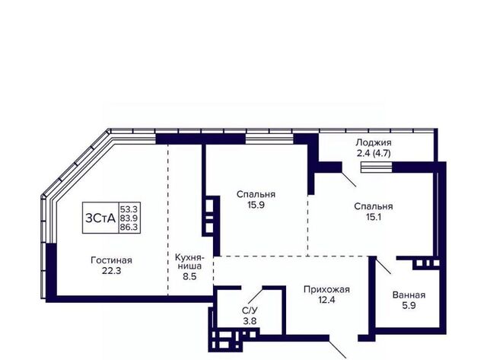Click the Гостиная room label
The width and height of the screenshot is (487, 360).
coord(111,260)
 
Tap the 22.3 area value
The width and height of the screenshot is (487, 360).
coord(112,271)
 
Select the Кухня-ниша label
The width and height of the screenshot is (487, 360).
coord(189,262)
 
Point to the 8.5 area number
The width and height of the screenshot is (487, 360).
coord(189,276)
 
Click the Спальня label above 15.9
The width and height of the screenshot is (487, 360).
coord(256,194)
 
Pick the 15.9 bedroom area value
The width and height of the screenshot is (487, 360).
coord(256,205)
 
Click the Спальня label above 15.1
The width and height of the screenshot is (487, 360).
coord(374,206)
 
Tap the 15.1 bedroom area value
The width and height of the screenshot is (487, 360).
coord(374,217)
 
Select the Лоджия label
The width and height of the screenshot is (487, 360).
coord(374,143)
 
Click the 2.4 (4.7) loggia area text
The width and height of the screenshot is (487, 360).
coord(374,154)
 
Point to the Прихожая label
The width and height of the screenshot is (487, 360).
coord(326,290)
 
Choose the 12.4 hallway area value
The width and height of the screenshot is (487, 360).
coord(326,300)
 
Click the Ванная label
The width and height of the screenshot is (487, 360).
coord(409,295)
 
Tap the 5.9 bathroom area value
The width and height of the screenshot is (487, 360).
coord(409,306)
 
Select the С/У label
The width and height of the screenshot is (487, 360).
coord(250,311)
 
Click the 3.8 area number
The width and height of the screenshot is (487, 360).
coord(250,321)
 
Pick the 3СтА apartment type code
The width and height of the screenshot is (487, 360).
coord(100,218)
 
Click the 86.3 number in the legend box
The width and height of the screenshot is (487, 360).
coord(129,228)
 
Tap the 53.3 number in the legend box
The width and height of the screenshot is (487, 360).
coord(129,209)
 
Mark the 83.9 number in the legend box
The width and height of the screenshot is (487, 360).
coord(129,218)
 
